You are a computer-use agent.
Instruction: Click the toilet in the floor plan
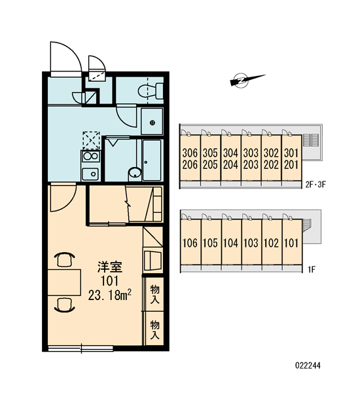(151, 90)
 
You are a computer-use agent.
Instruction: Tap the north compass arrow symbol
(247, 80)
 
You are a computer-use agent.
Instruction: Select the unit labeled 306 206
(190, 158)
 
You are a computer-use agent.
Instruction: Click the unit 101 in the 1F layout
(292, 242)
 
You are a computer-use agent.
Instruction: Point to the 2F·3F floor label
(315, 185)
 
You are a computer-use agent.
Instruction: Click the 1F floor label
(312, 270)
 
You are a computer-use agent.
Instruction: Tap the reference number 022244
(308, 365)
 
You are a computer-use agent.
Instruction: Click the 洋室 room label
(110, 267)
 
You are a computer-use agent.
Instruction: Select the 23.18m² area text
(110, 295)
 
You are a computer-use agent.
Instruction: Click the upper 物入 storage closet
(154, 294)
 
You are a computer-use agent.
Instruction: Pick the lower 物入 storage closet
(154, 329)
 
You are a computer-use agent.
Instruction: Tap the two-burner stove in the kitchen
(91, 156)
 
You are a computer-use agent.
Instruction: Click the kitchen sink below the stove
(90, 174)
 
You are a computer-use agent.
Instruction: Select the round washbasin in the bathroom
(135, 173)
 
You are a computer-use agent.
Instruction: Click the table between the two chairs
(64, 282)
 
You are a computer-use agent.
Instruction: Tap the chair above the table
(65, 259)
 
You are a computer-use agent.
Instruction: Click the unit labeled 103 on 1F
(251, 242)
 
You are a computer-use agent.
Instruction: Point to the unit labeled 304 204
(230, 158)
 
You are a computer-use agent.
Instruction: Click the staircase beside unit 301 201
(311, 140)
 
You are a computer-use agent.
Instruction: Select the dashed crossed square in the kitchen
(91, 140)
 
